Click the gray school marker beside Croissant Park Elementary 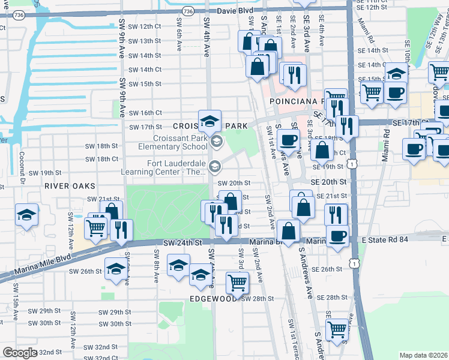tap(217, 142)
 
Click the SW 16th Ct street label tap(142, 113)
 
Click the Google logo tap(20, 352)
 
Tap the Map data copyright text tap(423, 355)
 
